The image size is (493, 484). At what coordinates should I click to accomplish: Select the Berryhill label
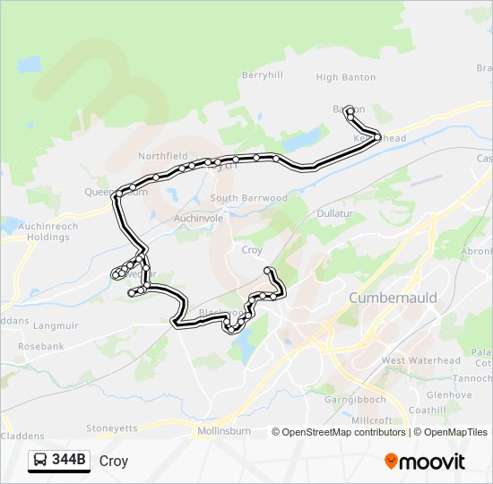click(x=263, y=75)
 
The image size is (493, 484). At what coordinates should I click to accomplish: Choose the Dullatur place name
click(x=336, y=214)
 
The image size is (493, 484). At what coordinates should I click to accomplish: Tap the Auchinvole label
click(x=198, y=218)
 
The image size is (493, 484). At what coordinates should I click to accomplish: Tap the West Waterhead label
click(x=420, y=360)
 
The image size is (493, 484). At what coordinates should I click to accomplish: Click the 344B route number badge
click(x=70, y=461)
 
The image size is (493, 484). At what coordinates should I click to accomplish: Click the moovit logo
click(x=425, y=462)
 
